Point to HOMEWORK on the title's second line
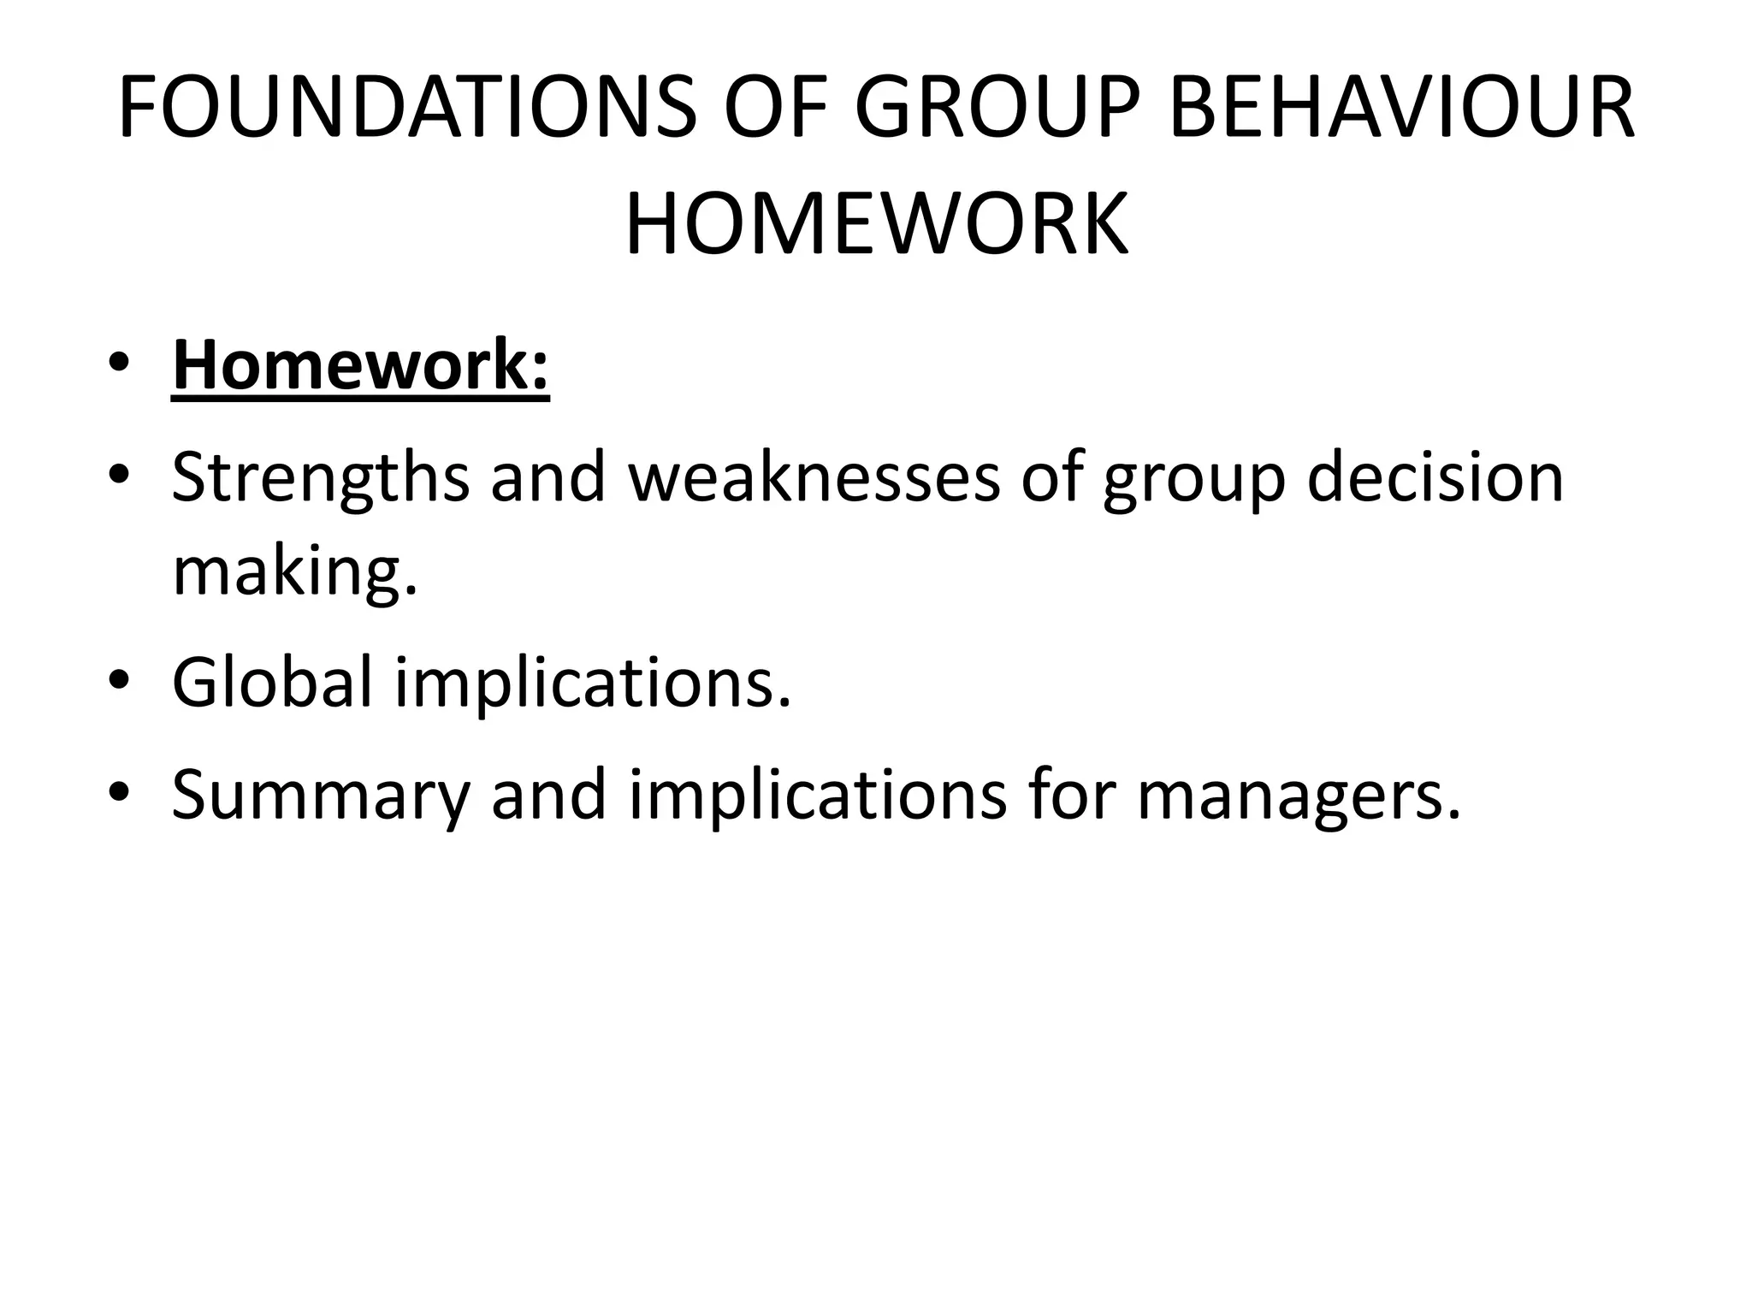(877, 225)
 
